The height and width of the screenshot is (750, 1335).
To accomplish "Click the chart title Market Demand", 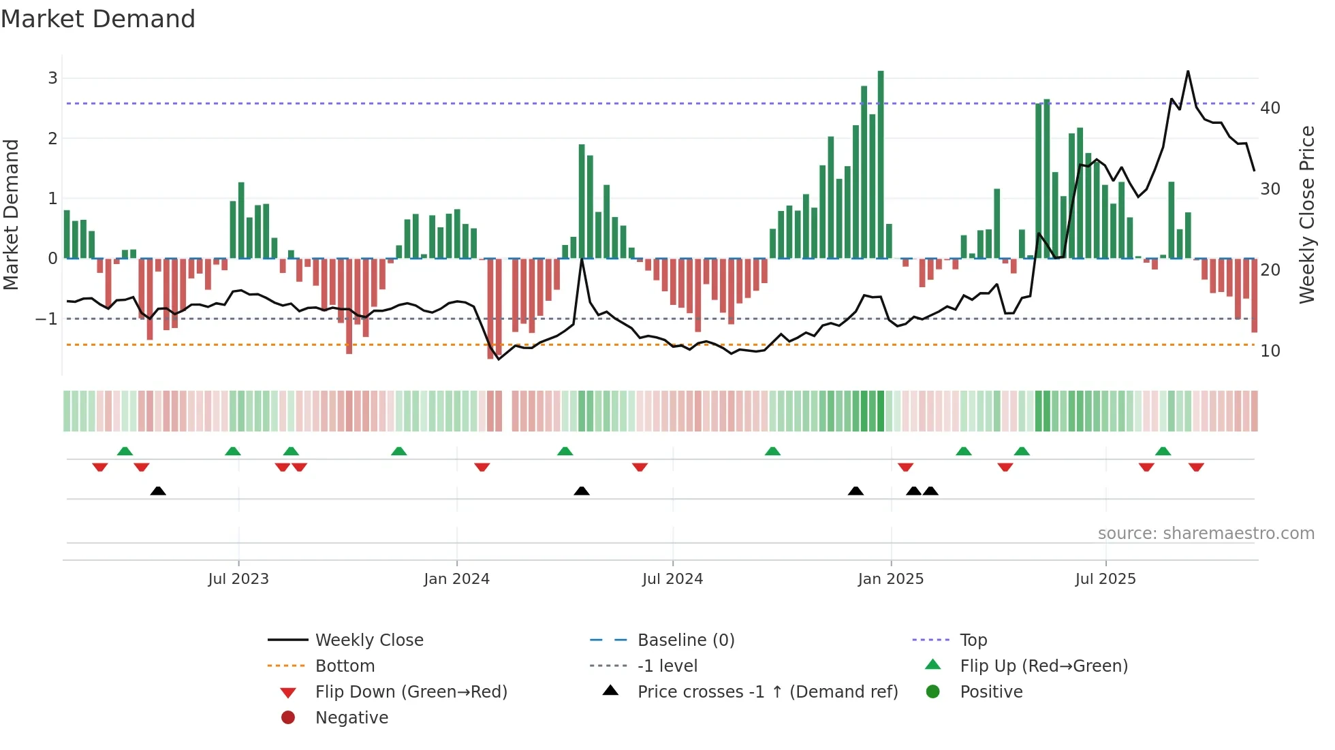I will tap(98, 19).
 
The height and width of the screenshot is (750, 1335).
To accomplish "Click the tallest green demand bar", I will tap(881, 163).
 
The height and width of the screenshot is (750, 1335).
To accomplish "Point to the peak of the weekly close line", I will tap(1188, 71).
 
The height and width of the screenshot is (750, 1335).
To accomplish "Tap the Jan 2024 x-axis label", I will tap(456, 579).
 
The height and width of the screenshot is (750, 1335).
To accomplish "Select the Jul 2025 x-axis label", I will tap(1105, 579).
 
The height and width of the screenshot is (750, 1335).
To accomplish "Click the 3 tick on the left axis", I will tap(52, 78).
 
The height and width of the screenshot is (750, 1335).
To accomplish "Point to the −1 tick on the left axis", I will tap(46, 319).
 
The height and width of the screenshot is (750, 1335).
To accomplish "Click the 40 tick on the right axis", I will tap(1270, 108).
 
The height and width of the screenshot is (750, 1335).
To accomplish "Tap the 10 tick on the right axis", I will tap(1270, 351).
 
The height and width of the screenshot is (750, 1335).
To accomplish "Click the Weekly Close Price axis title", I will tap(1306, 214).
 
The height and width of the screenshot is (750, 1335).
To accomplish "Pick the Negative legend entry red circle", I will tap(288, 718).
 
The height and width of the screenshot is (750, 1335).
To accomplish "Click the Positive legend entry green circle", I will tap(933, 692).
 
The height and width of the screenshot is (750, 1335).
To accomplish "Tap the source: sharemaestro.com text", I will tap(1206, 534).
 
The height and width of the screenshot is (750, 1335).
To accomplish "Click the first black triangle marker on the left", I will tap(158, 491).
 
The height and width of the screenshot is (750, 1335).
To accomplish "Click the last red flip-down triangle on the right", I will tap(1196, 468).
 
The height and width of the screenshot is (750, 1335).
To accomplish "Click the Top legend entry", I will tap(973, 640).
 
